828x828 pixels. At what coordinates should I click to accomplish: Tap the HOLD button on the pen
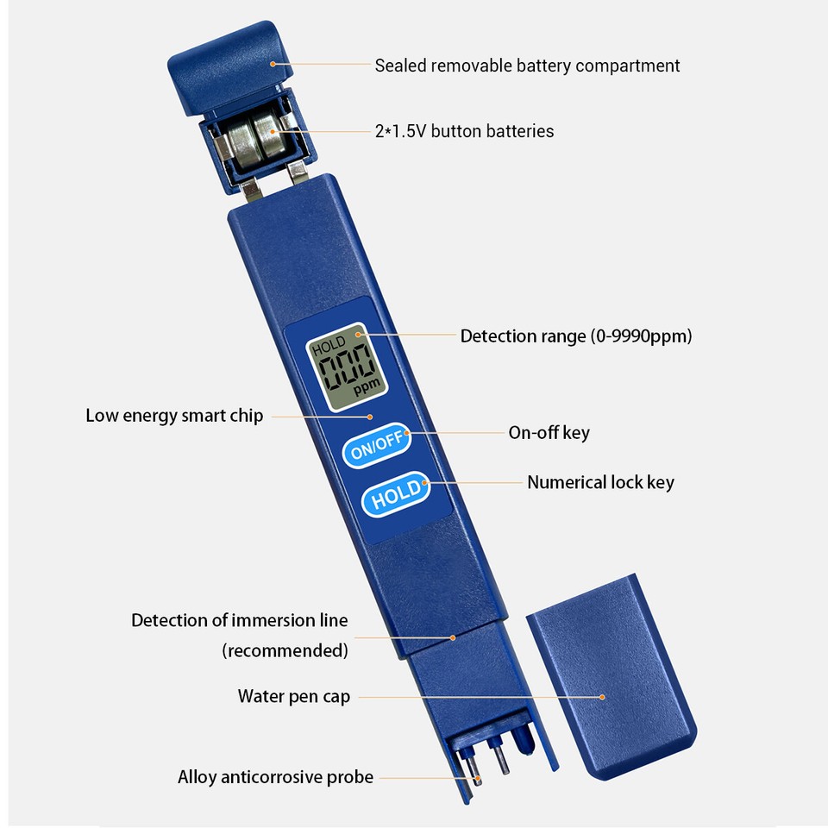coord(396,494)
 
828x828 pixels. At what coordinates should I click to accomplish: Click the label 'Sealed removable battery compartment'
coord(527,66)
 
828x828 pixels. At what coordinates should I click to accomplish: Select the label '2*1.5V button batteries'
coord(464,131)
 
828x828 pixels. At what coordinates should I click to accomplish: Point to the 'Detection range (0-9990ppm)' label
coord(575,336)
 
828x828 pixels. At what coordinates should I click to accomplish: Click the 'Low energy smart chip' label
coord(174,416)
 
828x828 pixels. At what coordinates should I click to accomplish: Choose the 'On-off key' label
coord(549,432)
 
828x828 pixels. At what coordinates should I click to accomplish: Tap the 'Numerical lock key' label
coord(600,482)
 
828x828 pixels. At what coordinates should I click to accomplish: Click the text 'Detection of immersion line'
coord(240,620)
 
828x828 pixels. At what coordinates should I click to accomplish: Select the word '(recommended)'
coord(285,650)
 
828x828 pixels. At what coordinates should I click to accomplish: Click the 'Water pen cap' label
coord(293,696)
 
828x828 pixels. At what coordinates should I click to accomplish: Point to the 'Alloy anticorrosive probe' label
coord(275,777)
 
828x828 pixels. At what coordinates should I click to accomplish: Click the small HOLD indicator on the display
coord(329,344)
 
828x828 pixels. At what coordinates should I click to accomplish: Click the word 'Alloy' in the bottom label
coord(198,777)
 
